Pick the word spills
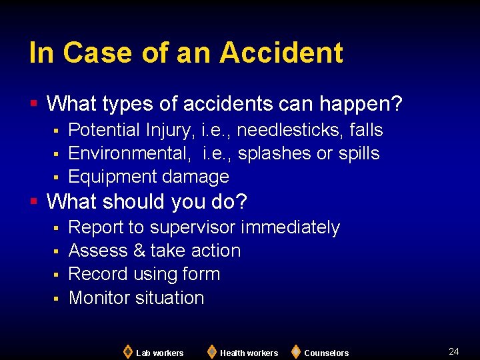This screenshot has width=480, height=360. point(359,153)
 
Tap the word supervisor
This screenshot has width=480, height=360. point(193,228)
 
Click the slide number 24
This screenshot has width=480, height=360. point(454,351)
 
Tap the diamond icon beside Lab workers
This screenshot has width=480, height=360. point(127,351)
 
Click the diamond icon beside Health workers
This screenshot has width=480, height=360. point(211,351)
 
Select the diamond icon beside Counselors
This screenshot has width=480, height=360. point(295,351)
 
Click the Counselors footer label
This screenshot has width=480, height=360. point(326,353)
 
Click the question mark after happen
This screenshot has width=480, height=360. point(397,104)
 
